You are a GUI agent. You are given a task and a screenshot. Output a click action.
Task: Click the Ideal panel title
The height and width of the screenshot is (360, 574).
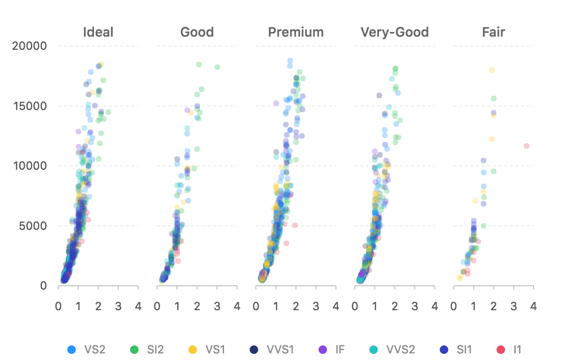pyautogui.click(x=98, y=32)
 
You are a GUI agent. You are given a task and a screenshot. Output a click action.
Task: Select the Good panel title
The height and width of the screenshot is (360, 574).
pyautogui.click(x=197, y=32)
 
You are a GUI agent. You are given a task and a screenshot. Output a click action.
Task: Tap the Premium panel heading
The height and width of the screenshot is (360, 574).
pyautogui.click(x=295, y=32)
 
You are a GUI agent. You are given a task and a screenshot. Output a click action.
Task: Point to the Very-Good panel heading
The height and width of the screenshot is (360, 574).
pyautogui.click(x=395, y=32)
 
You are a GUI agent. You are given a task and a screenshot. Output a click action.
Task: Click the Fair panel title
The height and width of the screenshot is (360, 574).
pyautogui.click(x=493, y=32)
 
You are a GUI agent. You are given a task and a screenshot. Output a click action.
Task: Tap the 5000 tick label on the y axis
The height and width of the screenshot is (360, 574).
pyautogui.click(x=33, y=226)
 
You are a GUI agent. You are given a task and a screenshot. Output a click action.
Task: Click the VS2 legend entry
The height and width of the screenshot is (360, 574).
pyautogui.click(x=87, y=350)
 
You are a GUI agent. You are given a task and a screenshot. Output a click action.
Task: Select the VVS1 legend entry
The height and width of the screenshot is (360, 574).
pyautogui.click(x=273, y=350)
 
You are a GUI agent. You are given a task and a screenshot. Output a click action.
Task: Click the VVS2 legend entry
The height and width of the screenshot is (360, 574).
pyautogui.click(x=394, y=350)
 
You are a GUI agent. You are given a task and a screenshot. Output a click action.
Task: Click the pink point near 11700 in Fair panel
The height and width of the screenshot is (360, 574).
pyautogui.click(x=527, y=146)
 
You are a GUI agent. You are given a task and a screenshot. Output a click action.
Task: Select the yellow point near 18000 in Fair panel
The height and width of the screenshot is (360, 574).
pyautogui.click(x=492, y=70)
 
